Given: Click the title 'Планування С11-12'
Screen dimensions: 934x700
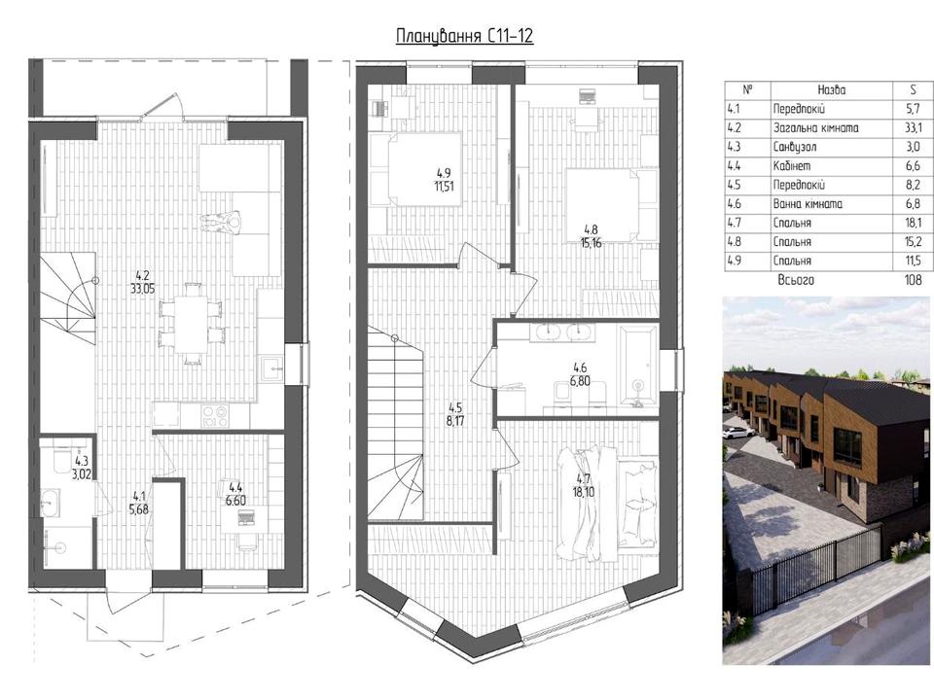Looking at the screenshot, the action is tap(465, 36).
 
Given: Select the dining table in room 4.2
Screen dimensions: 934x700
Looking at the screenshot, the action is tap(192, 323).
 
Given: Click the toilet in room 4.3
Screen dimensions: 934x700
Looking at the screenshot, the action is tap(62, 458).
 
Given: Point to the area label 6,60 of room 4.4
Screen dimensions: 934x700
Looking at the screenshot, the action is tap(235, 501).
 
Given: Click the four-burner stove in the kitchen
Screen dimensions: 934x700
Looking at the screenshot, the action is tap(214, 415).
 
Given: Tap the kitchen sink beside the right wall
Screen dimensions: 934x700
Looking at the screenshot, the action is tap(271, 369).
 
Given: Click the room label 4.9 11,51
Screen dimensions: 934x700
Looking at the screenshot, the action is tap(445, 180).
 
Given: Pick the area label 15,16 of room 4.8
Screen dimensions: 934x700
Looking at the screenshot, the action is tap(591, 243).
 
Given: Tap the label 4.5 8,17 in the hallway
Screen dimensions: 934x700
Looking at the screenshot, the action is tap(455, 415).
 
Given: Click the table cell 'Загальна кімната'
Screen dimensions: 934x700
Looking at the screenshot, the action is tap(815, 128).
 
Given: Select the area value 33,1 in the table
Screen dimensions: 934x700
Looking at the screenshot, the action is tap(914, 128).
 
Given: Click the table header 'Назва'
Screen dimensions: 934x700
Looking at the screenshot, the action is tap(832, 89).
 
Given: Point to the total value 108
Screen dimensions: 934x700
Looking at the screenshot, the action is tap(913, 280).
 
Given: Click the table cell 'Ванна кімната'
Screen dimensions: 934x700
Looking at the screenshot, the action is tap(808, 204).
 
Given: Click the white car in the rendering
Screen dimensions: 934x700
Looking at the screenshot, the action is tap(736, 433).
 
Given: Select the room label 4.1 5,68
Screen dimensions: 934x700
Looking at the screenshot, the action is tap(140, 502).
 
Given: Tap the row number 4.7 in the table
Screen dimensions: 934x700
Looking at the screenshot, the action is tap(735, 224).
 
